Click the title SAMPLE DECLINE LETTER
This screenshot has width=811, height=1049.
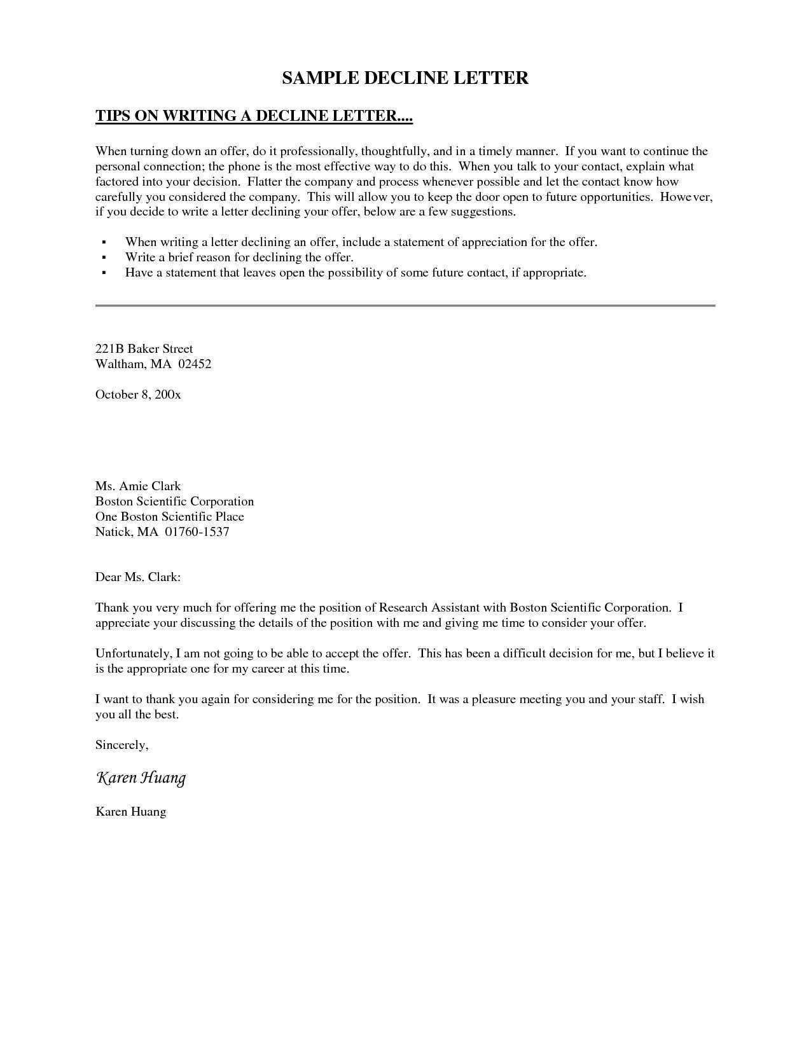[405, 78]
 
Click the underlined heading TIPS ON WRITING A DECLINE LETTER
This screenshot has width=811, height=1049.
[254, 116]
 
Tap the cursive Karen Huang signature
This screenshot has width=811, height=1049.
[141, 778]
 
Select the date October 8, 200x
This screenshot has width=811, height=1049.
[138, 394]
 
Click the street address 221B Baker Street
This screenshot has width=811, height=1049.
[144, 348]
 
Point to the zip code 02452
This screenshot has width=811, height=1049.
[195, 364]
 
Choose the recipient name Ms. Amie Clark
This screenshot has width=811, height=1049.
[138, 486]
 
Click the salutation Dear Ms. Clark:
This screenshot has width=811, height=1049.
[138, 577]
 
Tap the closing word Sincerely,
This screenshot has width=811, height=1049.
[122, 744]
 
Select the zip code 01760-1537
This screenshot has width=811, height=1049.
[197, 531]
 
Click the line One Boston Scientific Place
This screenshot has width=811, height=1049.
[170, 516]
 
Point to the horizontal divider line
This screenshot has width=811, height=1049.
[405, 306]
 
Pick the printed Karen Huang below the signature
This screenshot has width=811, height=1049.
[130, 811]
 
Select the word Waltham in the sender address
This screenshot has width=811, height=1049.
[120, 364]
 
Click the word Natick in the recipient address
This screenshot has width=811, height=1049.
[114, 531]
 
